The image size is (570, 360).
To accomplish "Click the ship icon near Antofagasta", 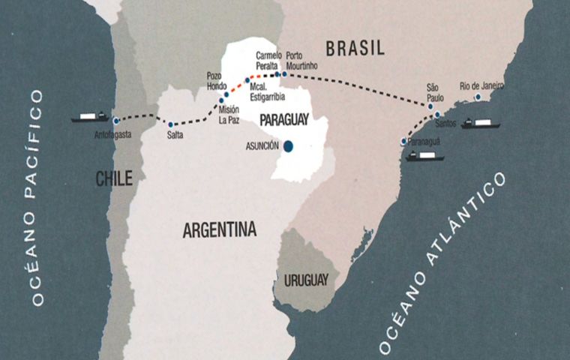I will click(91, 117).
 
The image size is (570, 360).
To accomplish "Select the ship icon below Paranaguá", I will click(424, 157).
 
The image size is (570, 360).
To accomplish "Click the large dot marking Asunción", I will click(288, 147).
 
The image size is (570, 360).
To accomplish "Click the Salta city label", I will click(175, 136).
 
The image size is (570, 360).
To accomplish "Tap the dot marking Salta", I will click(171, 124).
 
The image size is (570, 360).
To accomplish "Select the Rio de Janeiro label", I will click(481, 86).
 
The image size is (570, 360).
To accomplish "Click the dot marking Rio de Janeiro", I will click(478, 97).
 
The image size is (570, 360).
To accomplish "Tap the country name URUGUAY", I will click(306, 280).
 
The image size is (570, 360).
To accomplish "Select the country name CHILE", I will click(114, 178).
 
